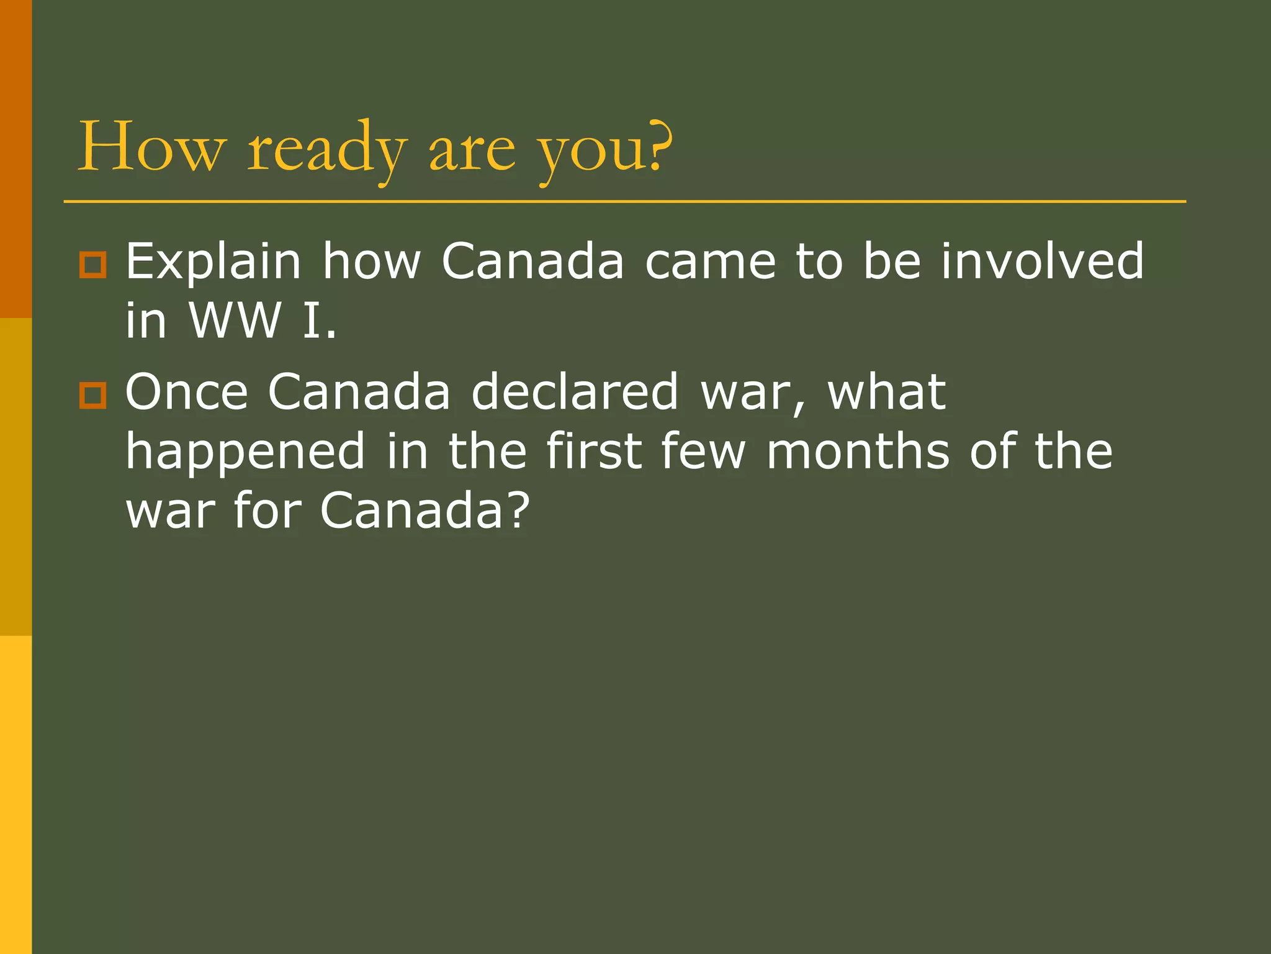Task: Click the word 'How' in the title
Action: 150,147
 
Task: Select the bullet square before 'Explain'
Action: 93,265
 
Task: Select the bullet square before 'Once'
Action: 93,395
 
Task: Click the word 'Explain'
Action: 213,262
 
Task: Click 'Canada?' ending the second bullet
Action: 425,511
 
